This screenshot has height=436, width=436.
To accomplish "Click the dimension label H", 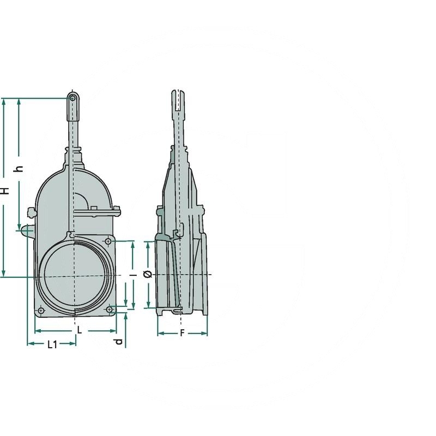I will (4, 190).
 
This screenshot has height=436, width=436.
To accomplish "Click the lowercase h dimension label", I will (20, 168).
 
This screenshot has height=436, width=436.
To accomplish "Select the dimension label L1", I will (52, 344).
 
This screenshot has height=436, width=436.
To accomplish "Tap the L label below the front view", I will (79, 330).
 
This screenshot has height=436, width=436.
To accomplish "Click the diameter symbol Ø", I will (147, 275).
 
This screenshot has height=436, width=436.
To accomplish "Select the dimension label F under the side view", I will (182, 332).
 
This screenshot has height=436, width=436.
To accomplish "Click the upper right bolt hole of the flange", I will (108, 241).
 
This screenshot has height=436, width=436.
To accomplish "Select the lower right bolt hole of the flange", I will (110, 309).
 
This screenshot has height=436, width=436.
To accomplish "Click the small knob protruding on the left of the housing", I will (26, 231).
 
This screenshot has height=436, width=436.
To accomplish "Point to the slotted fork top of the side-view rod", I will (180, 101).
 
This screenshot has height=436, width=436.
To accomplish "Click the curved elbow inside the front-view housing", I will (82, 199).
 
